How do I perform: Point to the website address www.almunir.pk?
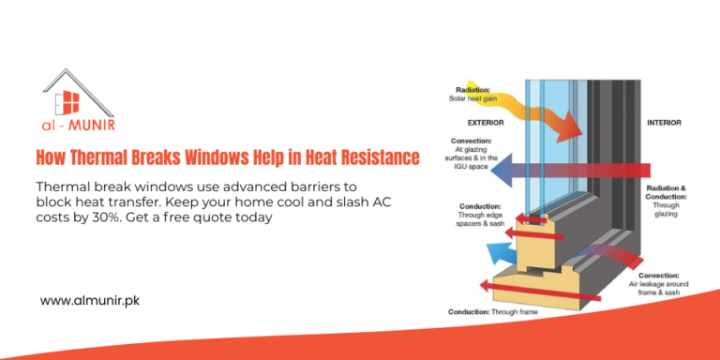(x=90, y=301)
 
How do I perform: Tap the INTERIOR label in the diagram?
(x=664, y=123)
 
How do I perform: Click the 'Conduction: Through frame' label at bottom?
(x=492, y=311)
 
